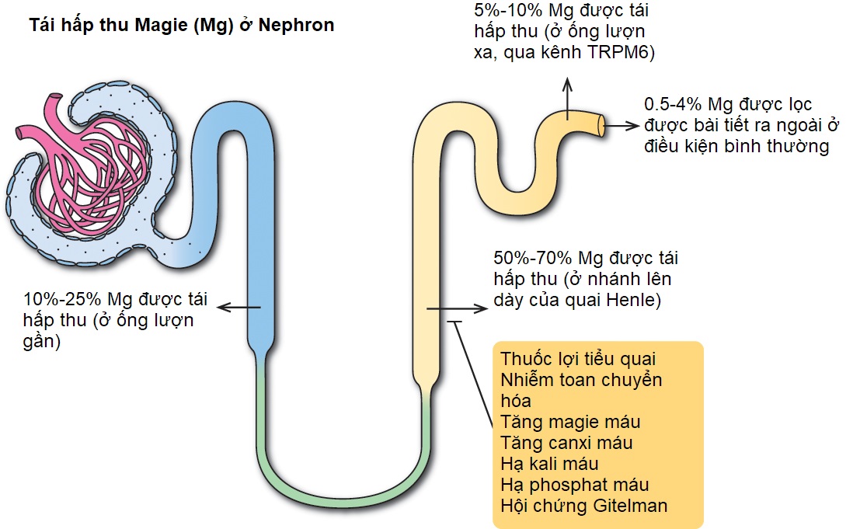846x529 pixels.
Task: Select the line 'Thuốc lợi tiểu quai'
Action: pos(579,360)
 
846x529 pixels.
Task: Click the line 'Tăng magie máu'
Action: pos(570,422)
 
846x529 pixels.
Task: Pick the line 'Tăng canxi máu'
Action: pos(566,443)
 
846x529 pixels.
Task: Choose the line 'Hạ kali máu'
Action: pos(550,464)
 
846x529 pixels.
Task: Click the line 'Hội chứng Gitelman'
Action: pos(584,506)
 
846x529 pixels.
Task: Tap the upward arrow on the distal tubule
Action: pos(568,96)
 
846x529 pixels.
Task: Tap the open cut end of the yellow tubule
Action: pos(602,124)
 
